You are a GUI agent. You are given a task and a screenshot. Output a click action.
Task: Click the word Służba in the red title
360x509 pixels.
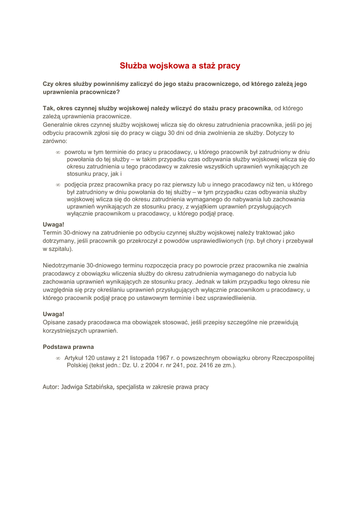pos(133,66)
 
